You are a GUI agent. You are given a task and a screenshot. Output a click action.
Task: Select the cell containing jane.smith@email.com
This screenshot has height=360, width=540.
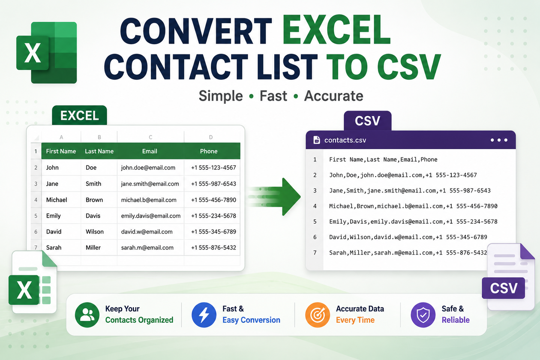(150, 184)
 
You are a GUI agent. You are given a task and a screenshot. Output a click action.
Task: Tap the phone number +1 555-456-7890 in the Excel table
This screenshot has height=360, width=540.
(213, 200)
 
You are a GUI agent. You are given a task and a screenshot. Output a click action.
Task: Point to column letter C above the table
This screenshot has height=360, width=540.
(150, 137)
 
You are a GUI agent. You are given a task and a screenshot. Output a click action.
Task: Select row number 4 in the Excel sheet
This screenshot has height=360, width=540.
(36, 200)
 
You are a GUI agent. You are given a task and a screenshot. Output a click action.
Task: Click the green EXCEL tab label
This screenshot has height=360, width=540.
(80, 115)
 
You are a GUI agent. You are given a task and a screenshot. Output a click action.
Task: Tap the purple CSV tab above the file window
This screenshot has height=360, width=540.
(368, 120)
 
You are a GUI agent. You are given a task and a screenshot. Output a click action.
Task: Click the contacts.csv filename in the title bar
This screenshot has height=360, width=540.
(345, 140)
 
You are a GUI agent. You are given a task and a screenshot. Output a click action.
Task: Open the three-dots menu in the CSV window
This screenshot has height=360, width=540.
(499, 140)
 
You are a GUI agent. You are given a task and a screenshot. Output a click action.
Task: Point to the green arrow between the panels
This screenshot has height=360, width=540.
(275, 197)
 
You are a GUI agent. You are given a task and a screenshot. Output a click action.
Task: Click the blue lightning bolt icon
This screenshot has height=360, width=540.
(204, 315)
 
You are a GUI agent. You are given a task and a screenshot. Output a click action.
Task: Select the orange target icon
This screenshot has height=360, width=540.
(318, 315)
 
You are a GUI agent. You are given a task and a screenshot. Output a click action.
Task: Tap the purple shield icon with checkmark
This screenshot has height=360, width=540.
(423, 315)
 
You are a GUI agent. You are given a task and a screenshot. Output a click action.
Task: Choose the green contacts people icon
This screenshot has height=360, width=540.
(87, 315)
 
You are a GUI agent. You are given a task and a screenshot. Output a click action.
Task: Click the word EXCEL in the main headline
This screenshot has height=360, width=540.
(336, 30)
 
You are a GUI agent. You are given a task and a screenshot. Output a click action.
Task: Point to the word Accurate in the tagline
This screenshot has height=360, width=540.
(333, 96)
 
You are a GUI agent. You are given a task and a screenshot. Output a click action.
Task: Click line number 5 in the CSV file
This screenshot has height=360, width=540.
(315, 222)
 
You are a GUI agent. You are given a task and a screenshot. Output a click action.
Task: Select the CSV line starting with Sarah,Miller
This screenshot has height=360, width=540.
(408, 253)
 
